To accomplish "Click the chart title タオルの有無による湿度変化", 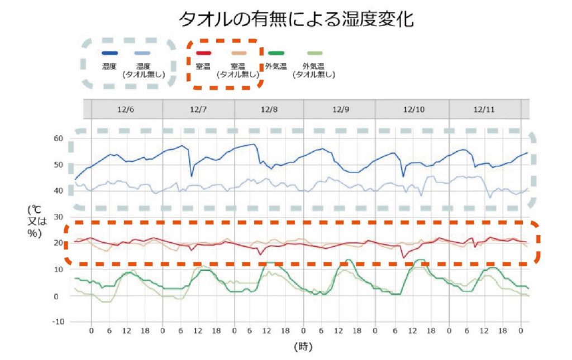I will (x=295, y=19).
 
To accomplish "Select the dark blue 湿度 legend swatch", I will (x=109, y=53).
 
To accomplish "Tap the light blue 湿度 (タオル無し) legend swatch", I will (x=144, y=53).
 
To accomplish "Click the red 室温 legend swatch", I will (x=203, y=53).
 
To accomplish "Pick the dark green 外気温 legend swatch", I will (x=276, y=53).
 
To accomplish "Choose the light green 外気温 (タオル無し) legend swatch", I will (x=314, y=53).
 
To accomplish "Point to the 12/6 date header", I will (x=126, y=109).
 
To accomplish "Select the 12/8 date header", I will (x=269, y=109).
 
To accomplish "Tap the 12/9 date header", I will (x=340, y=109).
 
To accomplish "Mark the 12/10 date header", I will (x=413, y=109).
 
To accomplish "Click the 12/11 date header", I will (x=484, y=109).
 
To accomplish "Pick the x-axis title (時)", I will (x=303, y=347).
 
